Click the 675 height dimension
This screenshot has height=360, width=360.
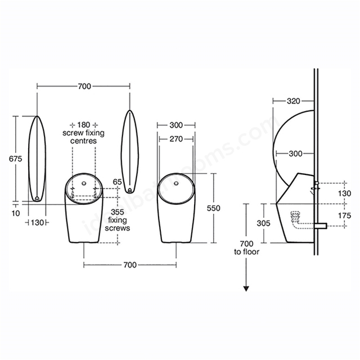pyautogui.click(x=15, y=159)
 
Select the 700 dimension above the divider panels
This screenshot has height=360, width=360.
pyautogui.click(x=84, y=86)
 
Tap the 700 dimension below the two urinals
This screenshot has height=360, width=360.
pyautogui.click(x=130, y=264)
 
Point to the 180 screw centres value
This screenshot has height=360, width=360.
pyautogui.click(x=83, y=124)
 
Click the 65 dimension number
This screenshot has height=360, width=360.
pyautogui.click(x=117, y=182)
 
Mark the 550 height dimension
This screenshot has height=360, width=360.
pyautogui.click(x=213, y=208)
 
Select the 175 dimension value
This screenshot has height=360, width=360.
pyautogui.click(x=345, y=215)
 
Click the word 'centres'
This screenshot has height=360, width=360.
pyautogui.click(x=83, y=141)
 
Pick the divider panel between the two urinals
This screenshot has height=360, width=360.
pyautogui.click(x=130, y=151)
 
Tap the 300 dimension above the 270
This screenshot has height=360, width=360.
pyautogui.click(x=175, y=124)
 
